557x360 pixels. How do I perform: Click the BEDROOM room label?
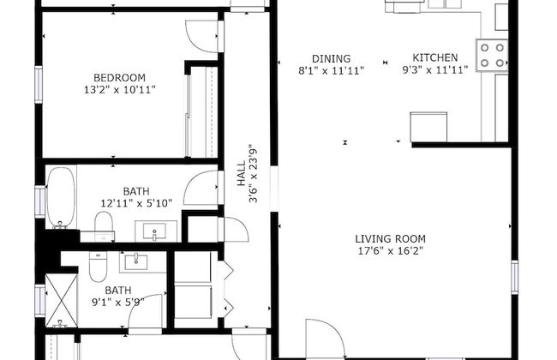click(119, 76)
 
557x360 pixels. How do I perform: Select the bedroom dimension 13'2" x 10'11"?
click(119, 89)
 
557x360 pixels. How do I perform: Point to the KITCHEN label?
click(435, 58)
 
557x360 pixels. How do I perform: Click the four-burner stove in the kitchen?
click(492, 54)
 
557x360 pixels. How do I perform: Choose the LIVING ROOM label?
click(391, 238)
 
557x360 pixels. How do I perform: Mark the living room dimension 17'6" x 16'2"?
click(391, 251)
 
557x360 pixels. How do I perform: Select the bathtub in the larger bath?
click(60, 197)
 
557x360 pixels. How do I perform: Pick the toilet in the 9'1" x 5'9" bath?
click(99, 268)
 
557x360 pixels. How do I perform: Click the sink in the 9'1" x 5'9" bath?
click(135, 261)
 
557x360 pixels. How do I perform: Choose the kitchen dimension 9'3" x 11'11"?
click(435, 70)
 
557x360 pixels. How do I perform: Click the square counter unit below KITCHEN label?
click(429, 127)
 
